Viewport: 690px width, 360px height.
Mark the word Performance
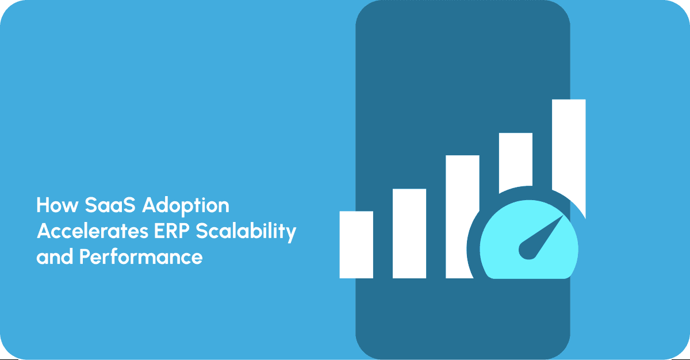[x=141, y=256]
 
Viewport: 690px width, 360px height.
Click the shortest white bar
[x=356, y=244]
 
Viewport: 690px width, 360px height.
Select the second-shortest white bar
[x=409, y=233]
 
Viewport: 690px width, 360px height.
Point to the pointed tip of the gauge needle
[x=561, y=219]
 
